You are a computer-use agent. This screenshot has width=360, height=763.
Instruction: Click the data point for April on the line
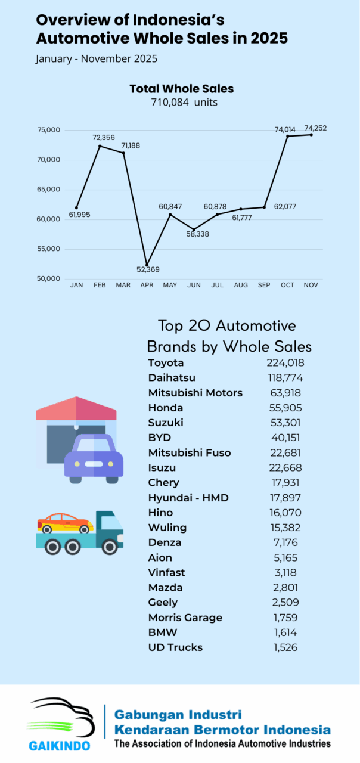[147, 265]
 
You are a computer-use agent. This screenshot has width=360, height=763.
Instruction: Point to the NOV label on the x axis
[311, 286]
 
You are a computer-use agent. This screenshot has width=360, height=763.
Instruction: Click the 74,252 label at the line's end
[315, 128]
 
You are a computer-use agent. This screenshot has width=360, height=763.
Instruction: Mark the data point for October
[287, 136]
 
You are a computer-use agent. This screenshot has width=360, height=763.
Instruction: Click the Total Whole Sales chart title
[181, 89]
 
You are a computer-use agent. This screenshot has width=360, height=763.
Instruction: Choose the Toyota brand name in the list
[166, 363]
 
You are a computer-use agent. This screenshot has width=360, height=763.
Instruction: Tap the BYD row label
[159, 438]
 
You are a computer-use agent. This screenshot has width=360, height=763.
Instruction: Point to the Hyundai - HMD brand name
[188, 498]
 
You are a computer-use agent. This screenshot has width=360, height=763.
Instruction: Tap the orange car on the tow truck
[65, 523]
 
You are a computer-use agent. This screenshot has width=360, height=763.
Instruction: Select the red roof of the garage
[76, 409]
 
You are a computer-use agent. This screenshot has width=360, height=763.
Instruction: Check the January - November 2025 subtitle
[96, 59]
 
